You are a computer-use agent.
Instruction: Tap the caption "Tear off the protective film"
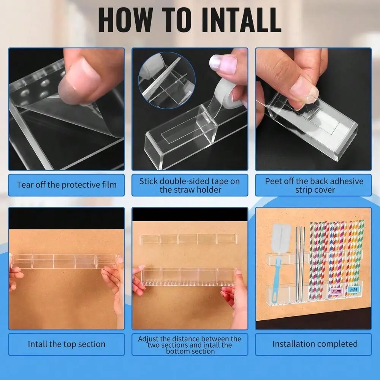[x=66, y=185]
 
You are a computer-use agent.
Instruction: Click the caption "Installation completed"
[x=315, y=344]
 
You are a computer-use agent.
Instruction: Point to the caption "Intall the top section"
[x=66, y=344]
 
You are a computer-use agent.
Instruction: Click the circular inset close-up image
[x=167, y=80]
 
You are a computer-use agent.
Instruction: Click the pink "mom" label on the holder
[x=336, y=291]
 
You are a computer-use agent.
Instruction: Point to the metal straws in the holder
[x=301, y=264]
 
